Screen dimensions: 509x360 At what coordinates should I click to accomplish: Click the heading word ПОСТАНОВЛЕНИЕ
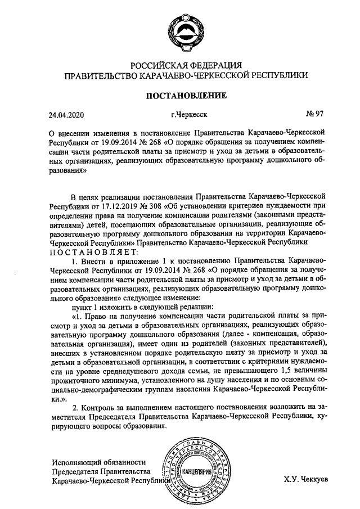(x=186, y=95)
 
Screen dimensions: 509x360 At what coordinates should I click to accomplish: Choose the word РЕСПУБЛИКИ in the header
(x=275, y=75)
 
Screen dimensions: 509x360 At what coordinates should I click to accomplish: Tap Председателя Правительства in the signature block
(x=100, y=471)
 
